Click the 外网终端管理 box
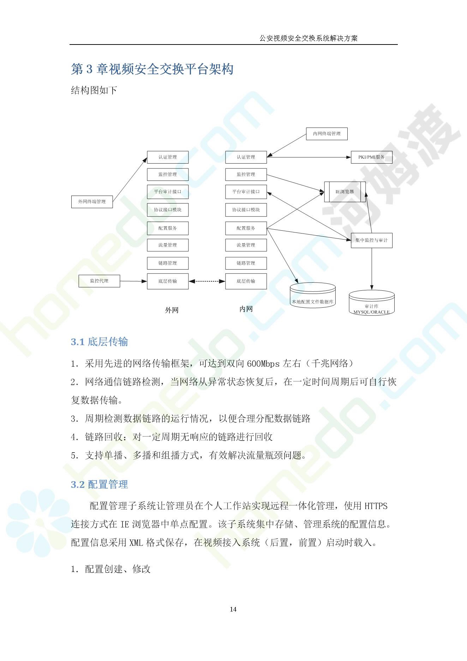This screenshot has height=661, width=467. click(92, 201)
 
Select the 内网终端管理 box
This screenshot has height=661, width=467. click(327, 134)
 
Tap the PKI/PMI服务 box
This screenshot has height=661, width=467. click(371, 157)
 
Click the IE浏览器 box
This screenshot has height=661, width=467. click(345, 191)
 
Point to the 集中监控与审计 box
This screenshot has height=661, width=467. click(371, 240)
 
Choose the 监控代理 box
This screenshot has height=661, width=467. click(99, 281)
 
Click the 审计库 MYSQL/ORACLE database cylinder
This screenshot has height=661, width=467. click(371, 303)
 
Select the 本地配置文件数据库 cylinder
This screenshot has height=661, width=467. click(312, 295)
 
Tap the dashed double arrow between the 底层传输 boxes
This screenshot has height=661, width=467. click(207, 281)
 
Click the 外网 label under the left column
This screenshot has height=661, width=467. click(172, 310)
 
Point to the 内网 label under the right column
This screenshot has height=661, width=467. click(246, 309)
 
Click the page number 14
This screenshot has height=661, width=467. click(233, 609)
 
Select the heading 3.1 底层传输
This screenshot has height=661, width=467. click(99, 342)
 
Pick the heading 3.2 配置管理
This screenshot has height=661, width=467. click(99, 484)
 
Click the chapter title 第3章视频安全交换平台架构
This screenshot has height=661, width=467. click(152, 69)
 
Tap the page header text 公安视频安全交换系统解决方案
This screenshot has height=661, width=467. click(309, 38)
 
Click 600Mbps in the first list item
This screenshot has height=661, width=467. click(263, 364)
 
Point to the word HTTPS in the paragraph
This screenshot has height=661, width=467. click(376, 506)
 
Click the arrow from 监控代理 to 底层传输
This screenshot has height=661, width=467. click(133, 281)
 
